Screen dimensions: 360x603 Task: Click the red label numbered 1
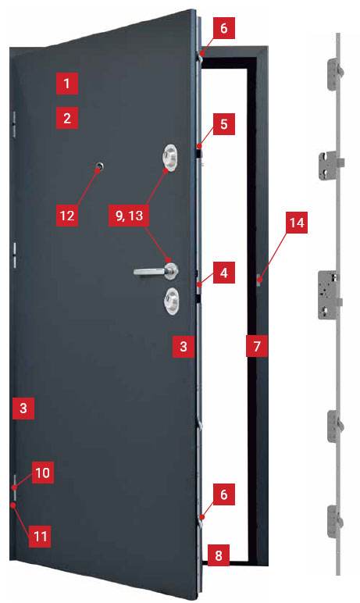click(x=67, y=84)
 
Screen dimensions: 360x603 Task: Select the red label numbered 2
click(x=67, y=118)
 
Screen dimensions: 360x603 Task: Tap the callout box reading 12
click(x=67, y=216)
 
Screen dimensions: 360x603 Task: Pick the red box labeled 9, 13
click(x=129, y=216)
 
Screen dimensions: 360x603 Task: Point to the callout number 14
click(x=297, y=223)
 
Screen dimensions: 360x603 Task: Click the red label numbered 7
click(x=257, y=346)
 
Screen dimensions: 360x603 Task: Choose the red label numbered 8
click(x=219, y=555)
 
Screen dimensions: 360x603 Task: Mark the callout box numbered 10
click(x=43, y=473)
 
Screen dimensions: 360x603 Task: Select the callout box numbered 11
click(x=40, y=536)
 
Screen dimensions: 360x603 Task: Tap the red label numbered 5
click(x=224, y=124)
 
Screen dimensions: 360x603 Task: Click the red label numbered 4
click(x=224, y=273)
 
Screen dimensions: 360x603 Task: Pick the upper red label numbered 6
click(x=224, y=28)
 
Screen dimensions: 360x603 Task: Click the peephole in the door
click(x=101, y=166)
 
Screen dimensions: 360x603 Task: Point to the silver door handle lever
click(x=152, y=272)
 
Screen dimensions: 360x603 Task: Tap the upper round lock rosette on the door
click(x=170, y=157)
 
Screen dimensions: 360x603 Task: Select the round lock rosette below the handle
click(x=171, y=301)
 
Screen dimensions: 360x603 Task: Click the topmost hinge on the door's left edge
click(x=13, y=125)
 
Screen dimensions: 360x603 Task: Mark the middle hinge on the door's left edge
click(x=14, y=255)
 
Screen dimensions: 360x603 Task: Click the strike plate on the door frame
click(x=258, y=280)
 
